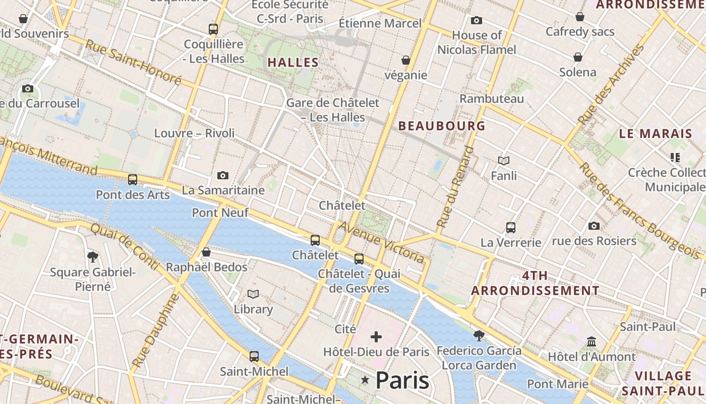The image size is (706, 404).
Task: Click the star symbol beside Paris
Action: click(365, 380)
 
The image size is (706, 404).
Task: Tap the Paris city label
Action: click(402, 380)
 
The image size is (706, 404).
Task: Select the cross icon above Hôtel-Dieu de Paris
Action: click(376, 337)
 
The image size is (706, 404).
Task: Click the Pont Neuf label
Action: click(220, 213)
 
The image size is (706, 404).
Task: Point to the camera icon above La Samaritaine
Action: click(223, 175)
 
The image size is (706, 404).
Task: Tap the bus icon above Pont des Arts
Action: click(133, 179)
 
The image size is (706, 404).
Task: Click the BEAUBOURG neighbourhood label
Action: click(442, 126)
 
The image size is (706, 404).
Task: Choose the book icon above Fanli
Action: click(504, 161)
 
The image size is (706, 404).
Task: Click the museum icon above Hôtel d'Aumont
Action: click(592, 342)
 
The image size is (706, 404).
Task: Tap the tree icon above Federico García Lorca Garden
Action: click(479, 335)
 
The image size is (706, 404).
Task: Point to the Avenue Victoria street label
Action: click(381, 242)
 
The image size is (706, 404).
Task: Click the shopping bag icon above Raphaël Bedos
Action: click(206, 252)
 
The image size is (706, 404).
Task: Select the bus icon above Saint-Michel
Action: click(254, 357)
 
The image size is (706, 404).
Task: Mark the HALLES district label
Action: click(293, 63)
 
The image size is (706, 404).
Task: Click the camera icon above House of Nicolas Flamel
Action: click(477, 20)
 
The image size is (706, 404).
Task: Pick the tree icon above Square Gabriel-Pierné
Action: click(93, 257)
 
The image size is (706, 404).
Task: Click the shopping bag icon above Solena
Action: click(578, 57)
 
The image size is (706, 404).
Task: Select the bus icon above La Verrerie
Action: click(511, 227)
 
